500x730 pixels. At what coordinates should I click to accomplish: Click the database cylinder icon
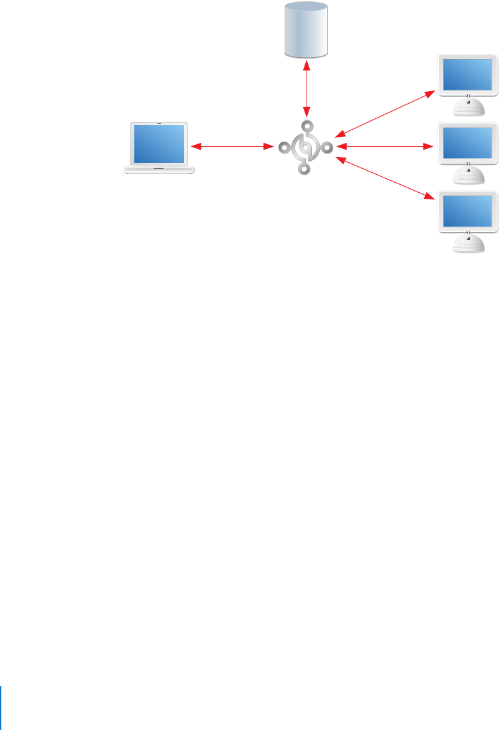tap(305, 29)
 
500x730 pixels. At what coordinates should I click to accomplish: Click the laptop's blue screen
tap(160, 144)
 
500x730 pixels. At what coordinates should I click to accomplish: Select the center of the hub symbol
tap(305, 147)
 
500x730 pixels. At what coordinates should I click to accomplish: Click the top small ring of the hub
tap(306, 126)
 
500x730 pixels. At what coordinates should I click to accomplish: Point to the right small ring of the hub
tap(327, 147)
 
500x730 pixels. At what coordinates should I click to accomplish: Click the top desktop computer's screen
tap(468, 73)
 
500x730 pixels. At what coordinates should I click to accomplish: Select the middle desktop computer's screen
tap(468, 144)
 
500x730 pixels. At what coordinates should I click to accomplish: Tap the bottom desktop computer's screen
tap(468, 211)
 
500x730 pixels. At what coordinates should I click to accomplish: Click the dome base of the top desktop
tap(468, 106)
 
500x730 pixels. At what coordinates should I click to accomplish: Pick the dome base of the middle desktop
tap(468, 175)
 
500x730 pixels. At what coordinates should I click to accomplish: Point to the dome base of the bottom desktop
tap(468, 243)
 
